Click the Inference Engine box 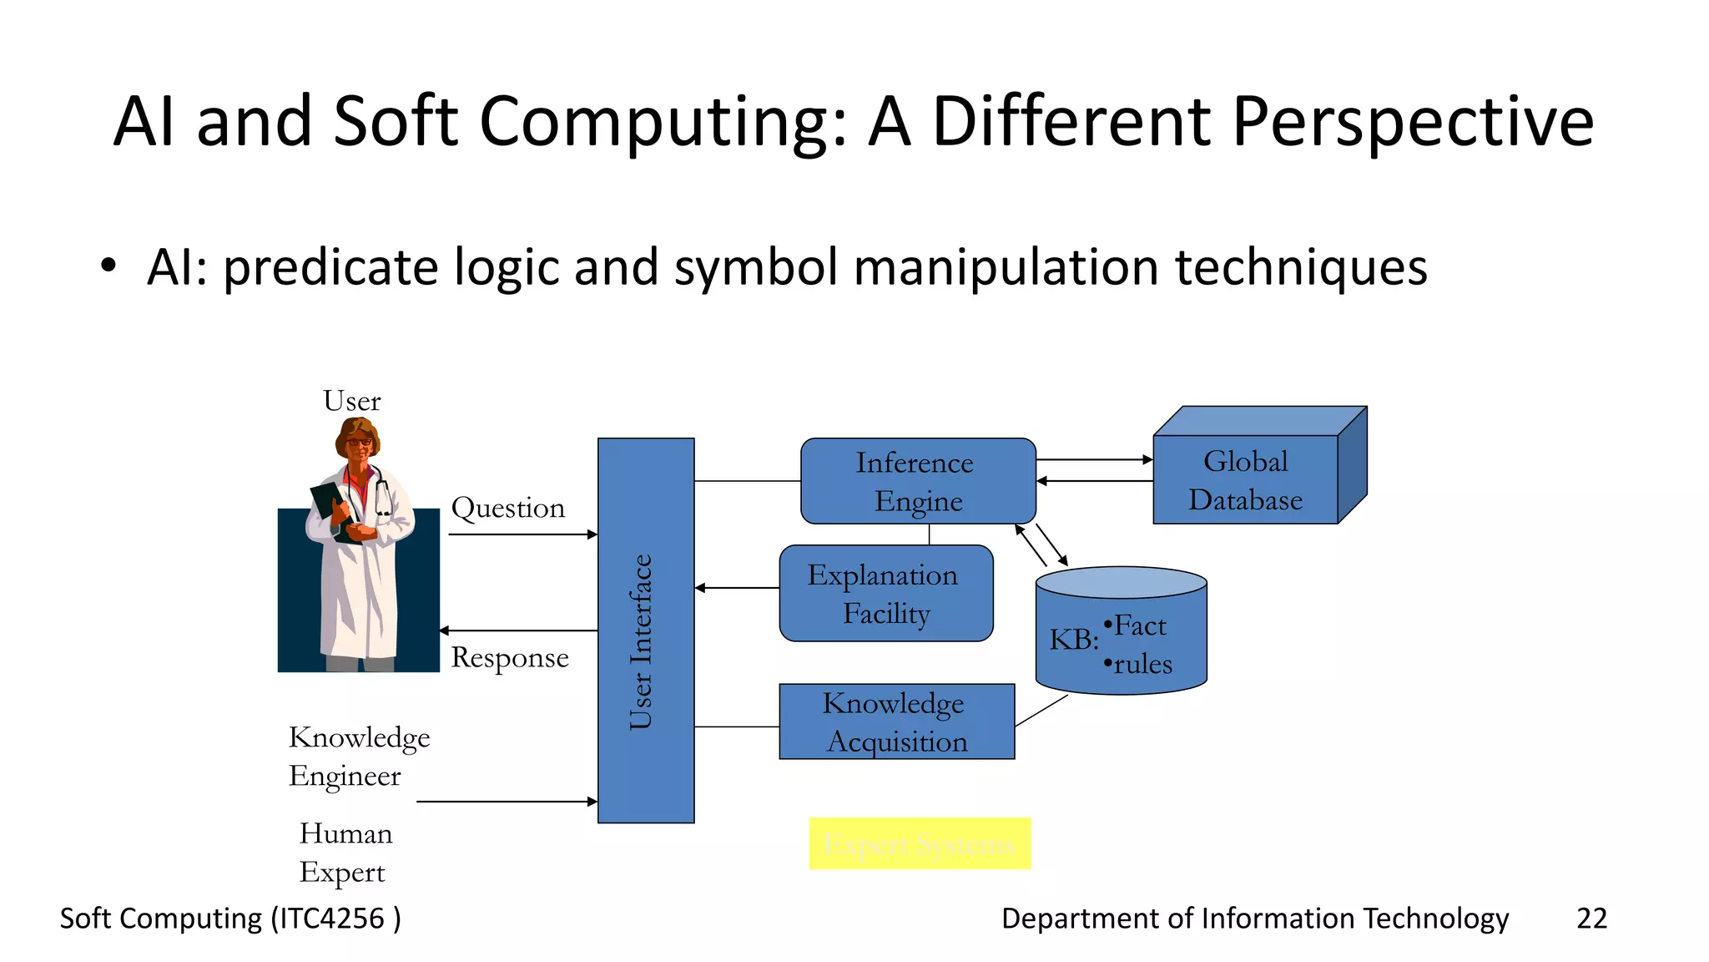coord(918,481)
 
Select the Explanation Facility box coord(885,593)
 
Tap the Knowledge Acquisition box coord(896,721)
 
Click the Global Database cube coord(1245,479)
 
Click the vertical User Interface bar coord(646,630)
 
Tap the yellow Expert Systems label coord(920,843)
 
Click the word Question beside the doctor coord(507,508)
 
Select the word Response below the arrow coord(509,658)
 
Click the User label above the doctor coord(351,401)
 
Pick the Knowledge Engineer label coord(359,757)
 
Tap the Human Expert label coord(345,853)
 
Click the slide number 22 coord(1591,919)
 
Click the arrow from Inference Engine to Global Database coord(1094,459)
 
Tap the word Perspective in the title coord(1413,122)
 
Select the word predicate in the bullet coord(330,268)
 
